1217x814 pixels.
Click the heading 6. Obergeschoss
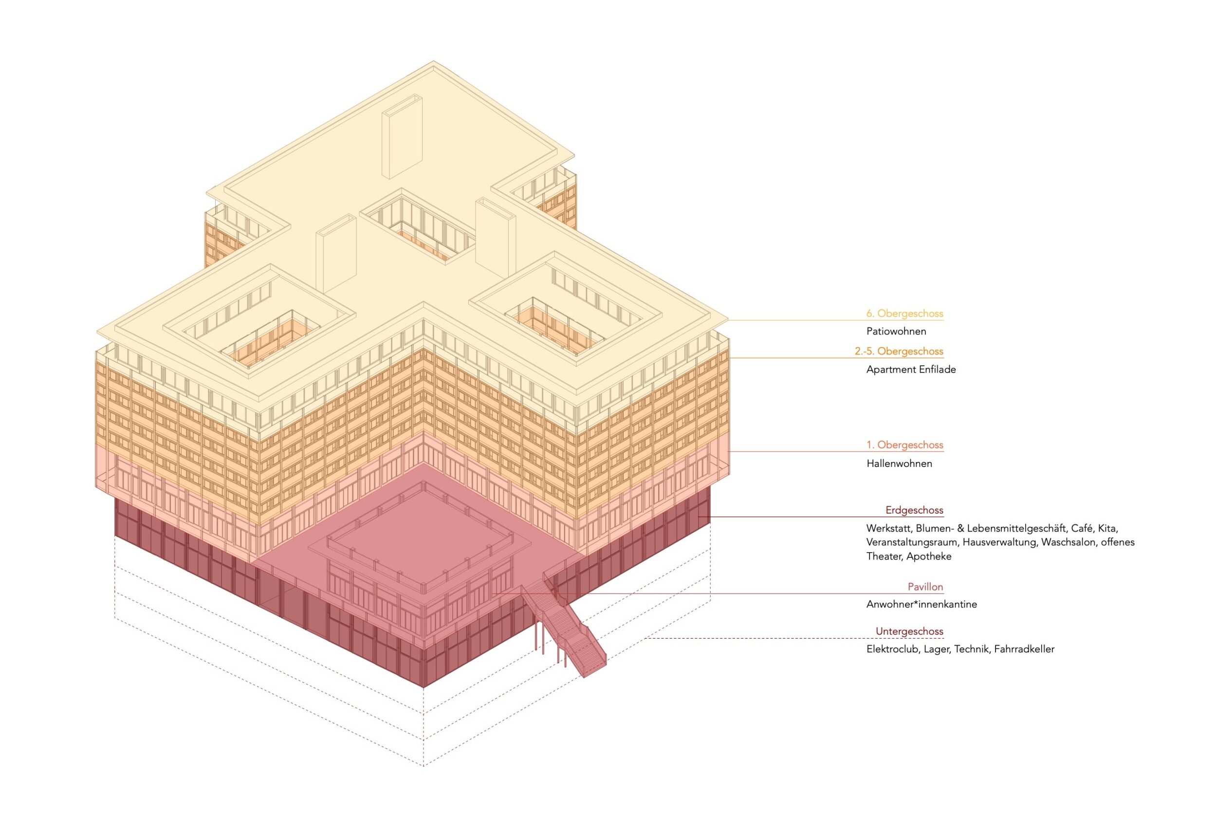(x=904, y=314)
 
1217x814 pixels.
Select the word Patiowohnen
(x=896, y=331)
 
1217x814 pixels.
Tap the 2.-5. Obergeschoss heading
(x=899, y=351)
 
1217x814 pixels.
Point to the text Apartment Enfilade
(x=911, y=370)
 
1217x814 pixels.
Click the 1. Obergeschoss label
(x=904, y=445)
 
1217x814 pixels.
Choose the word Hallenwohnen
(x=899, y=463)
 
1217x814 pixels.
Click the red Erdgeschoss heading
(x=914, y=510)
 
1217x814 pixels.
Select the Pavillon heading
(x=925, y=587)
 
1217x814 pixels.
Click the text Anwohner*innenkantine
(x=921, y=604)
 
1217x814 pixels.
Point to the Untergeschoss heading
(x=909, y=631)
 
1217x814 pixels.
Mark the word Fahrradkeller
(x=1024, y=649)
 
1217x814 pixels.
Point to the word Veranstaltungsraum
(x=912, y=542)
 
